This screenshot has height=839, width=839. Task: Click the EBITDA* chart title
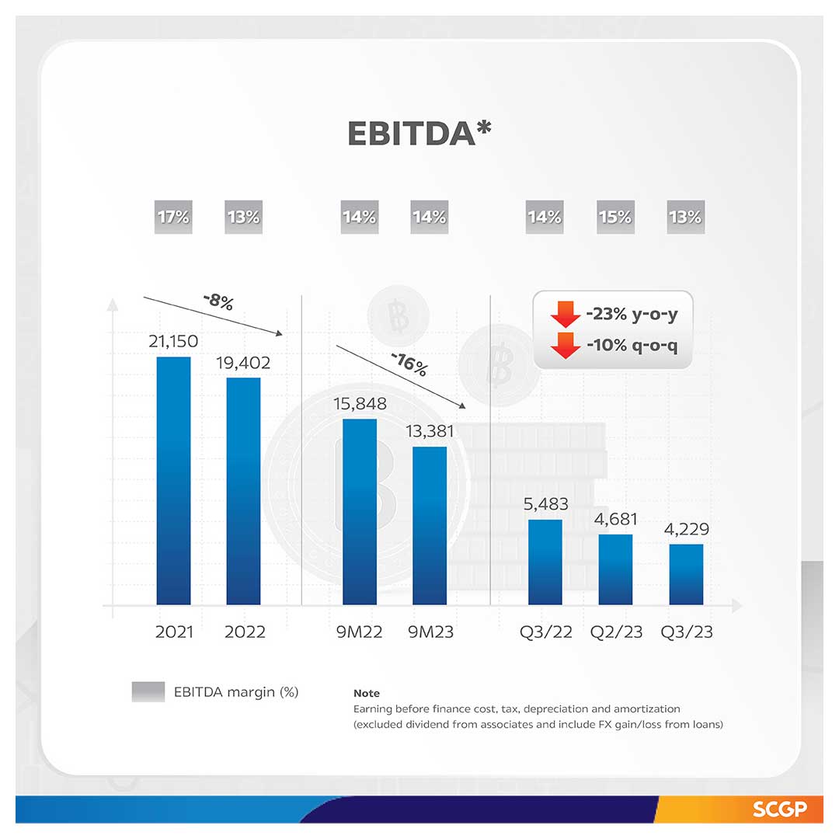coord(419,134)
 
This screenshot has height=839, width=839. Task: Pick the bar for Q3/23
coord(686,574)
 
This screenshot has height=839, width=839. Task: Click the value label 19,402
coord(243,362)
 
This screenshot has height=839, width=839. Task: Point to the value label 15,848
coord(360,404)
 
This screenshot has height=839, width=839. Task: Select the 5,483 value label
coord(545,504)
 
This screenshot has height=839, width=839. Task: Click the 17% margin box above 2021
coord(173,218)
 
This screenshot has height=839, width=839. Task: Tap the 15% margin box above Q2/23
coord(614,218)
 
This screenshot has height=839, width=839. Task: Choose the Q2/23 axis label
coord(616,632)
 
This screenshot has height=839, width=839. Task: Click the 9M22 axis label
coord(359,632)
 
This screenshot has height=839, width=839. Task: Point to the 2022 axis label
coord(245,632)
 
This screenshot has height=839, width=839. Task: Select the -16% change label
coord(409,364)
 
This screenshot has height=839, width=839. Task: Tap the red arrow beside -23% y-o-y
coord(565,315)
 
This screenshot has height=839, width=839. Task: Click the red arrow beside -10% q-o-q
coord(565,345)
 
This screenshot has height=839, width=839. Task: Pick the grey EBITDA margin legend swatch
coord(148,691)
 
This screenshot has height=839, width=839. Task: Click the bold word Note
coord(367,693)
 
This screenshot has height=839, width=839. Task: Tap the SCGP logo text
coord(777,809)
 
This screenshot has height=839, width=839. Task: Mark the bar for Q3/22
coord(545,562)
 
